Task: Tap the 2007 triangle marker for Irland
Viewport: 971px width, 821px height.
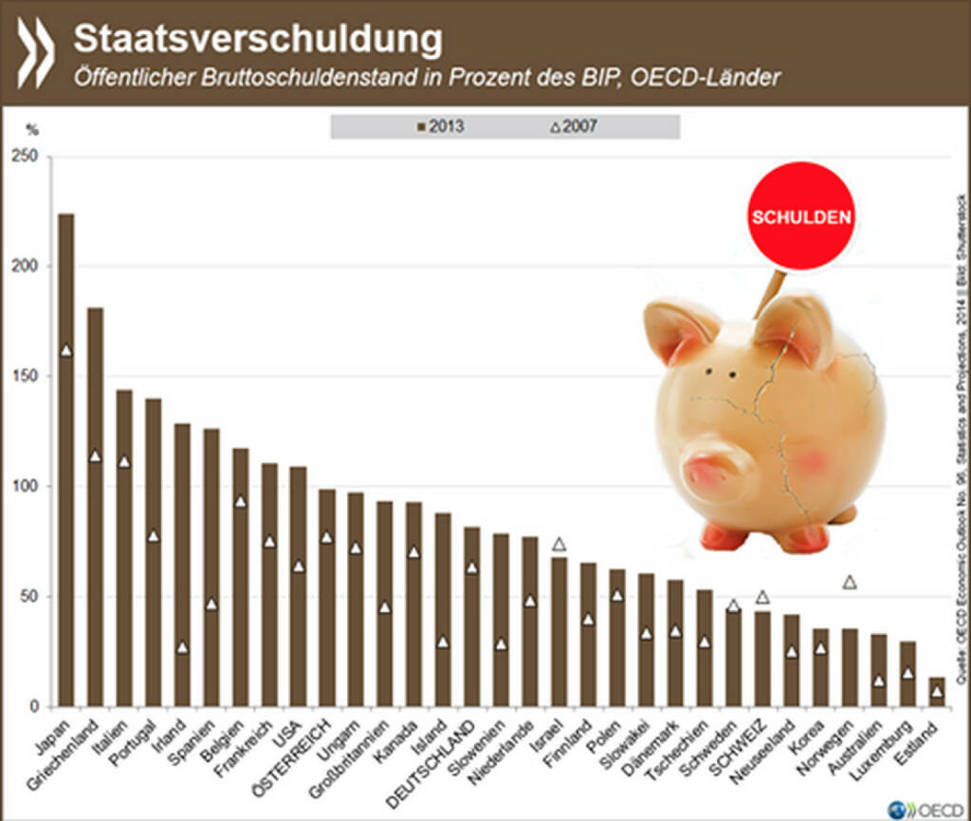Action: coord(182,647)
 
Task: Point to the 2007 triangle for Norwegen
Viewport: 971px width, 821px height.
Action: coord(850,582)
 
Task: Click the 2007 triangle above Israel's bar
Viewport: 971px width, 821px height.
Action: coord(559,543)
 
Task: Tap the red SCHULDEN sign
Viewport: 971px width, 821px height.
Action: coord(800,216)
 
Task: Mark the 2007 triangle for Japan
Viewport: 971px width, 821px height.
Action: coord(65,350)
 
